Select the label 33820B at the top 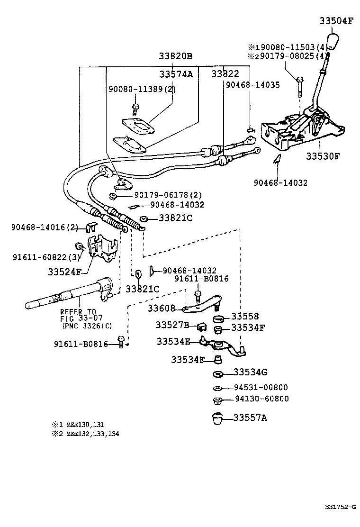coord(175,56)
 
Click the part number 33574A coord(176,74)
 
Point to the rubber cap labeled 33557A coord(218,418)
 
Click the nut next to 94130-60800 coord(217,400)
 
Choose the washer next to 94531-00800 coord(217,388)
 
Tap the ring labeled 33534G coord(218,373)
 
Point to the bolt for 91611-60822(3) coord(80,246)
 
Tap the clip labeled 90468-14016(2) coord(91,228)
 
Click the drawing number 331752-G coord(340,508)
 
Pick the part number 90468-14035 coord(252,85)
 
